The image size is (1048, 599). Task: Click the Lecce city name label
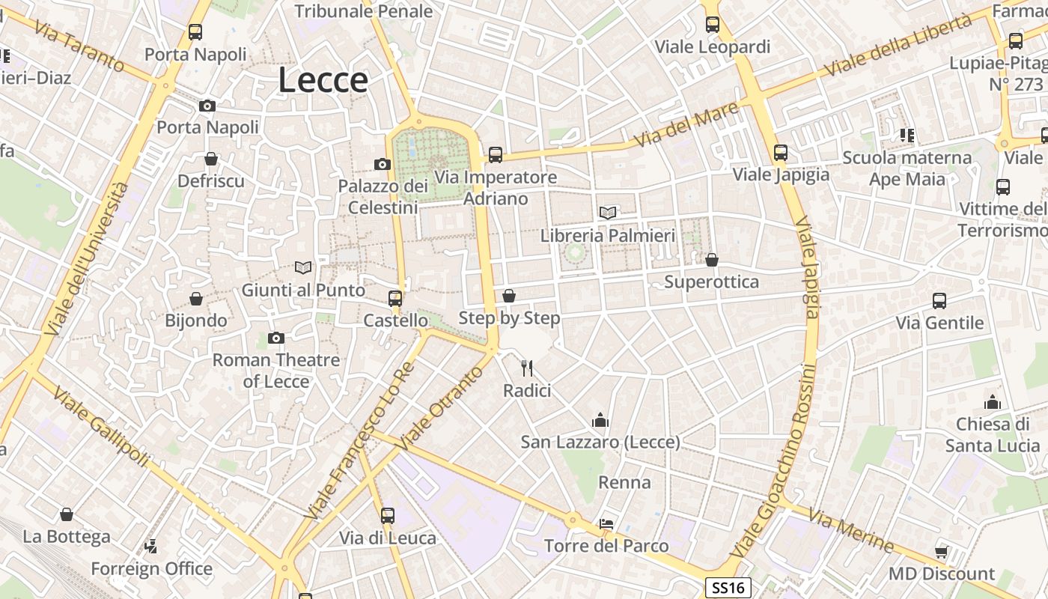pyautogui.click(x=323, y=80)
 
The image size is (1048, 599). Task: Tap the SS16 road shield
pyautogui.click(x=728, y=588)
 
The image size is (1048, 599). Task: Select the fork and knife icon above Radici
pyautogui.click(x=527, y=368)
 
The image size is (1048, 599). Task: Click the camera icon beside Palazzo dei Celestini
pyautogui.click(x=383, y=164)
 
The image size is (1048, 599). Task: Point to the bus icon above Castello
pyautogui.click(x=394, y=299)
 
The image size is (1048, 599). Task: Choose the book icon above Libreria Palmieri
pyautogui.click(x=608, y=213)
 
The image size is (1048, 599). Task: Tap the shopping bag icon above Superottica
pyautogui.click(x=711, y=260)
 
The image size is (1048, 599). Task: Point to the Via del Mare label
pyautogui.click(x=686, y=124)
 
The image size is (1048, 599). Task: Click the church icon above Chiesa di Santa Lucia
pyautogui.click(x=993, y=402)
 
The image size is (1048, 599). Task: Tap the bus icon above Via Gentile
pyautogui.click(x=939, y=301)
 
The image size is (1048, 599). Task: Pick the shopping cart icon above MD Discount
pyautogui.click(x=941, y=553)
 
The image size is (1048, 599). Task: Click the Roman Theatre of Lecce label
pyautogui.click(x=276, y=371)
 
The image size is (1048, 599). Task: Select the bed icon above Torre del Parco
pyautogui.click(x=606, y=524)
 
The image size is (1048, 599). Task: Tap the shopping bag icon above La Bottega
pyautogui.click(x=67, y=514)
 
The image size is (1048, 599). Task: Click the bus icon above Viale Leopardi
pyautogui.click(x=712, y=25)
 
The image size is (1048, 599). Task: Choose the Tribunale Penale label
pyautogui.click(x=364, y=11)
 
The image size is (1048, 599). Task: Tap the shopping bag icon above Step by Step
pyautogui.click(x=509, y=296)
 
